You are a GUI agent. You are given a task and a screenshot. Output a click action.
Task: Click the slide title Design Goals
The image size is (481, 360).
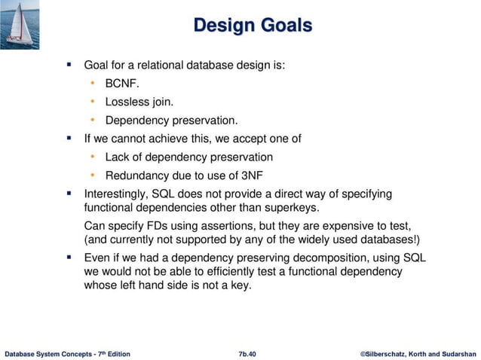252,26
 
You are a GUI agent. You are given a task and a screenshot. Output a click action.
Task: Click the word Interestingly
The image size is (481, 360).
118,194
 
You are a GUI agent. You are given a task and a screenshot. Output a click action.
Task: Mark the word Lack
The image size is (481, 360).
118,157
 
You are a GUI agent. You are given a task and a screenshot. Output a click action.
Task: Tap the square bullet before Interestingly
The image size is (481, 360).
69,194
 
